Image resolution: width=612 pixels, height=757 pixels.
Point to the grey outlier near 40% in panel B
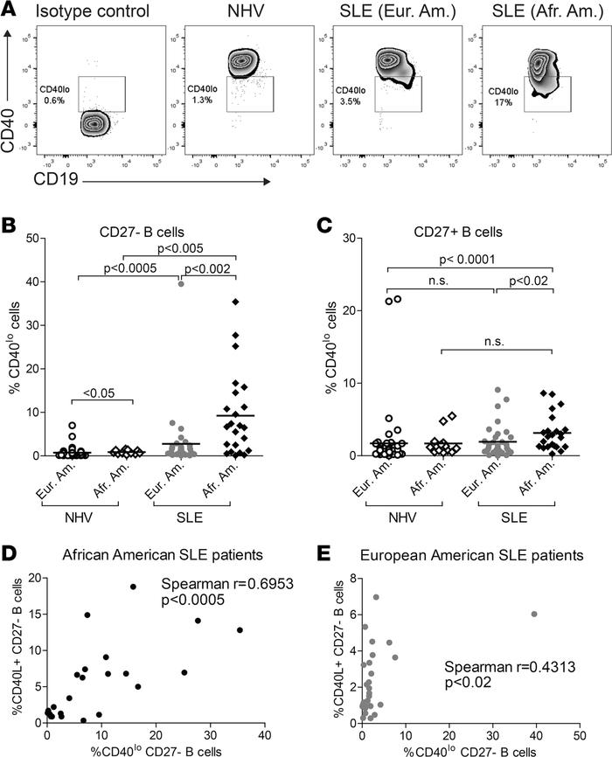click(180, 283)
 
